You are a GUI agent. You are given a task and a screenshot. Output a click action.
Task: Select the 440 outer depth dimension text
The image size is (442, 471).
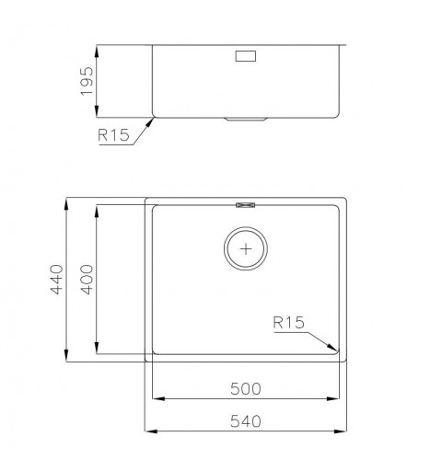click(x=54, y=277)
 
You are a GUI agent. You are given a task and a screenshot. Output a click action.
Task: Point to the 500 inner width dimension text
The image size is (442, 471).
click(x=247, y=389)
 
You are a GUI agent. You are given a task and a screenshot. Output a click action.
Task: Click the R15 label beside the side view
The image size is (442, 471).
click(x=111, y=136)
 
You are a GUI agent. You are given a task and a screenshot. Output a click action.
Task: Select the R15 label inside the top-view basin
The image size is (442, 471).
click(x=288, y=323)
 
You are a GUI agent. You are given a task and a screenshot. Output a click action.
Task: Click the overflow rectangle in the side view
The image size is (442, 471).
click(x=247, y=57)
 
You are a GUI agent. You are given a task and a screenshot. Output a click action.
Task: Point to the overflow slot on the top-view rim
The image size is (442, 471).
click(x=247, y=204)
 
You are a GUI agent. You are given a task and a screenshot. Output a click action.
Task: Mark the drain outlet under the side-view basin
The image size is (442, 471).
click(x=247, y=119)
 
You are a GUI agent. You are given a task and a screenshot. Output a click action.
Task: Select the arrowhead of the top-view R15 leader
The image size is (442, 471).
click(x=335, y=350)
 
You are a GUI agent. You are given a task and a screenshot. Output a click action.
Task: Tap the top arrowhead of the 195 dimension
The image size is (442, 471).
click(x=99, y=47)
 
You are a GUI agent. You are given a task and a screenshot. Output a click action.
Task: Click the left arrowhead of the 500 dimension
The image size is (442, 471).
click(x=156, y=399)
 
